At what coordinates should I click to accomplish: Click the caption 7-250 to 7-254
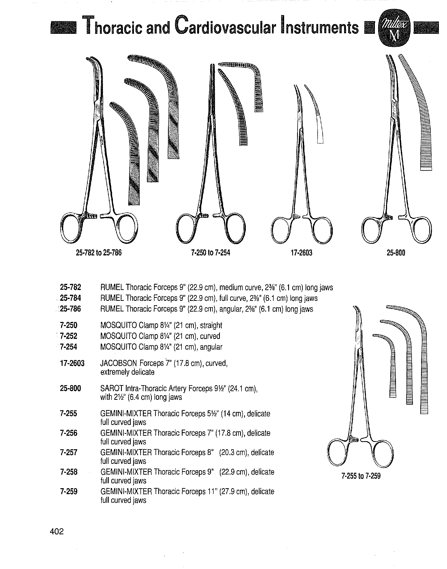point(210,253)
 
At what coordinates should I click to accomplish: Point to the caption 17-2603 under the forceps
point(301,253)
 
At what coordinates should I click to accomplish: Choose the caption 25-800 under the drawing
point(396,253)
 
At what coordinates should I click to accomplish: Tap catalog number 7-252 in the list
point(69,336)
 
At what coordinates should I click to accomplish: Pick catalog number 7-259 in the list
point(69,491)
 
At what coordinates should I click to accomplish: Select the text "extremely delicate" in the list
point(127,372)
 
